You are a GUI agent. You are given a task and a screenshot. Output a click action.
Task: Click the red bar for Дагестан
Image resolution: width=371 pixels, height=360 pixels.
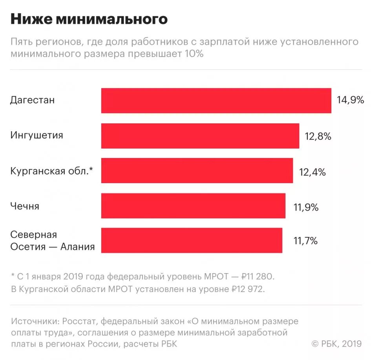pyautogui.click(x=216, y=101)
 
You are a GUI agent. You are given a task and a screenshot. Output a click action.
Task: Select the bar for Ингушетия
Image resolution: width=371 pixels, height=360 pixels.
pyautogui.click(x=200, y=136)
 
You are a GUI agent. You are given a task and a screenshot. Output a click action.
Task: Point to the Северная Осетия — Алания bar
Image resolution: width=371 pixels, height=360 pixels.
pyautogui.click(x=192, y=240)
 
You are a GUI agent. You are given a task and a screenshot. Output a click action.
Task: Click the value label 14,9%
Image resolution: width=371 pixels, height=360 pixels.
pyautogui.click(x=350, y=100)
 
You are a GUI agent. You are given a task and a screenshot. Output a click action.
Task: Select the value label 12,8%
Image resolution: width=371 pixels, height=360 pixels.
pyautogui.click(x=318, y=136)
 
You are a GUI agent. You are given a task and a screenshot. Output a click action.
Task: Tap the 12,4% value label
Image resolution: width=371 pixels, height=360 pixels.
pyautogui.click(x=312, y=172)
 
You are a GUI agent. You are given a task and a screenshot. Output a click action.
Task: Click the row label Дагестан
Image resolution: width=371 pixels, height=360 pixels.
pyautogui.click(x=33, y=100)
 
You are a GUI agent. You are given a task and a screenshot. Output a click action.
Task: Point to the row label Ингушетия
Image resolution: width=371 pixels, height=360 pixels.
pyautogui.click(x=37, y=136)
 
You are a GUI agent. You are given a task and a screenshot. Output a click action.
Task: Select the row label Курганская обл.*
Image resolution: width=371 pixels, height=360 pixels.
pyautogui.click(x=52, y=171)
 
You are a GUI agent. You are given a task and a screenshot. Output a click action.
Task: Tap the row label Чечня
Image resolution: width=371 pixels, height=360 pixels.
pyautogui.click(x=25, y=206)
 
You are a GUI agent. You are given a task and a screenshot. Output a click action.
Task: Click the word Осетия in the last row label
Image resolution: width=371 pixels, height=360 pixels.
pyautogui.click(x=26, y=247)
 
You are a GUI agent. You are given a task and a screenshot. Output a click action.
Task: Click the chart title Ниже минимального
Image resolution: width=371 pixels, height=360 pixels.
pyautogui.click(x=89, y=19)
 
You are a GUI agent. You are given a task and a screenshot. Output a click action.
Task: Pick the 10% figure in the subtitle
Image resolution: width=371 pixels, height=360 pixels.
pyautogui.click(x=193, y=54)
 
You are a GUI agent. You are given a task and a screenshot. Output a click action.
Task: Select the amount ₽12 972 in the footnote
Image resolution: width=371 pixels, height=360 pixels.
pyautogui.click(x=248, y=290)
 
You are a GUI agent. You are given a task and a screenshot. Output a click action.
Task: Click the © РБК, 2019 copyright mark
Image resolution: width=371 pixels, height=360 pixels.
pyautogui.click(x=336, y=343)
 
